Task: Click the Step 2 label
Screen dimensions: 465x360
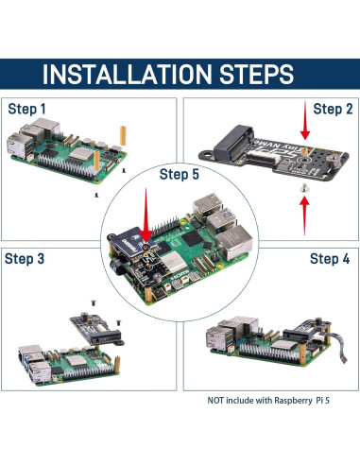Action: [x=333, y=110]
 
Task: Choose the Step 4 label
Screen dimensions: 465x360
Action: [x=330, y=258]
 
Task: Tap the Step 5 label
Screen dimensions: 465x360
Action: [x=180, y=174]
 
